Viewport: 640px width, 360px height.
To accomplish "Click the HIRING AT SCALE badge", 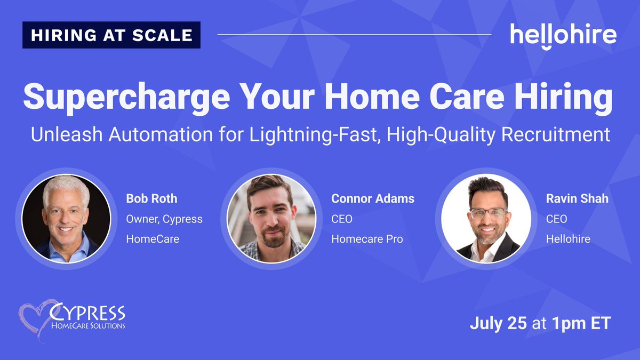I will (111, 35).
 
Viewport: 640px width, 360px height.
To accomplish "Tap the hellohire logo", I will (563, 35).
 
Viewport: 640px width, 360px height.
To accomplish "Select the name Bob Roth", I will (151, 199).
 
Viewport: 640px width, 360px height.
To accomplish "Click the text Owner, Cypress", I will (164, 219).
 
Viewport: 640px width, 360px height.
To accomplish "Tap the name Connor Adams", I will (372, 199).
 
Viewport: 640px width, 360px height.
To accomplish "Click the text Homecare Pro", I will (367, 239).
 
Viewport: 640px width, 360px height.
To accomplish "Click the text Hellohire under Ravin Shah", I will (568, 239).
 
